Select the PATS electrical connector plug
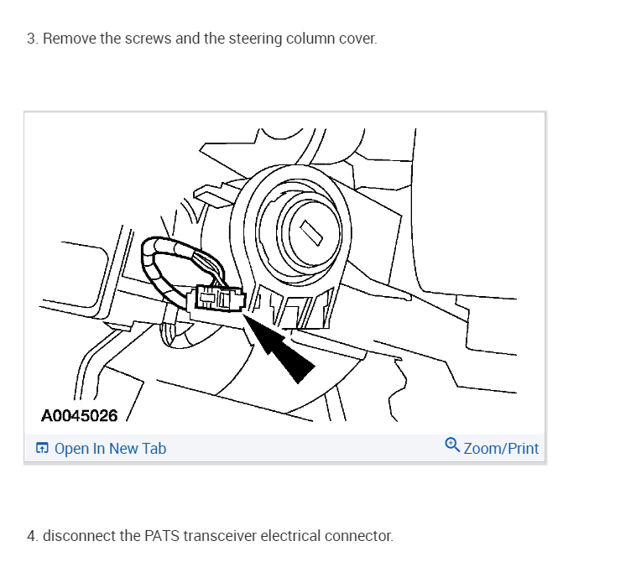click(218, 299)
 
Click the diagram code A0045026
click(79, 414)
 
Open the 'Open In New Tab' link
click(110, 449)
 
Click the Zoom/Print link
click(501, 449)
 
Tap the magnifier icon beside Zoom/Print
click(451, 445)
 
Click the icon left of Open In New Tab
click(42, 449)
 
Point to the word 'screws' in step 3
click(149, 39)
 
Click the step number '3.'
click(32, 39)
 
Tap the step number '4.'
click(33, 535)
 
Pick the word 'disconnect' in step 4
click(79, 535)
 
